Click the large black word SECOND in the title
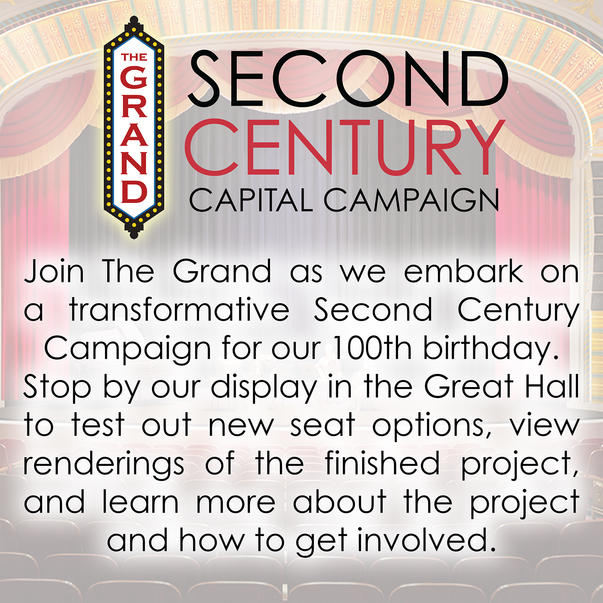click(x=348, y=79)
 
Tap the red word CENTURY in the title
click(x=345, y=148)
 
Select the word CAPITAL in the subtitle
click(x=251, y=200)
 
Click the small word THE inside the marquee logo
click(x=134, y=57)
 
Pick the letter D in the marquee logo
click(x=134, y=191)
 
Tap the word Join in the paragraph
click(x=54, y=271)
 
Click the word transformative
click(x=179, y=310)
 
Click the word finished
click(x=382, y=463)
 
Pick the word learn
click(x=140, y=501)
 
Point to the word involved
click(x=426, y=539)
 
